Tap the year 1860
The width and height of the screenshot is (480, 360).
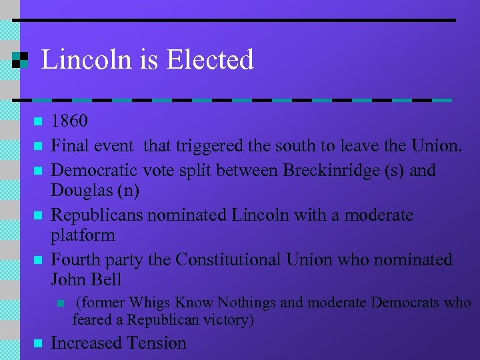pyautogui.click(x=69, y=121)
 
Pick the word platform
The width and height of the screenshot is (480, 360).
pyautogui.click(x=83, y=235)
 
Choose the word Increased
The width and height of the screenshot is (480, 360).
pyautogui.click(x=85, y=343)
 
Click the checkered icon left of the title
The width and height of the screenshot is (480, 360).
pyautogui.click(x=20, y=60)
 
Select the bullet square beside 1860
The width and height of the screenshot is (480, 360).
pyautogui.click(x=37, y=122)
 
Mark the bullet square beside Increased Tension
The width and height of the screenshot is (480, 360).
pyautogui.click(x=37, y=344)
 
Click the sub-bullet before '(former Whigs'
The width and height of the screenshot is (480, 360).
pyautogui.click(x=61, y=303)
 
